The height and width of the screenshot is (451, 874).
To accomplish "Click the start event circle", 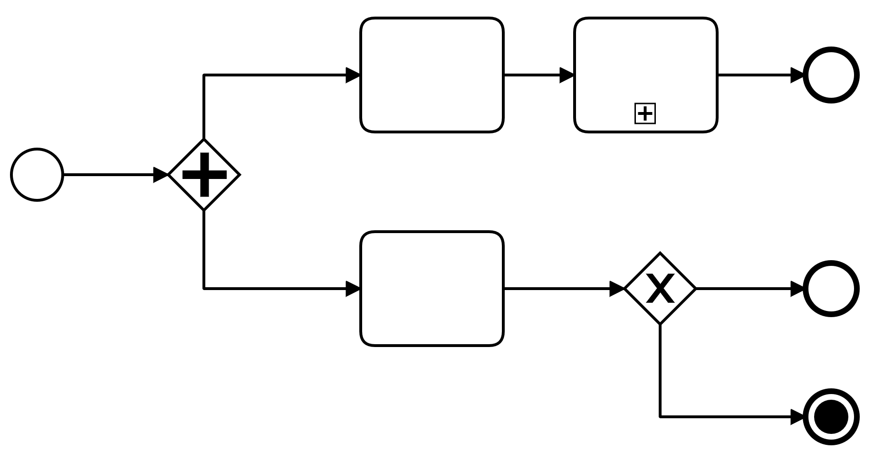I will click(37, 175).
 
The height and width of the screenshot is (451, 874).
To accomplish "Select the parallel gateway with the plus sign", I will click(204, 175).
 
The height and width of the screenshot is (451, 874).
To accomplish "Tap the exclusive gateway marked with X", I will click(660, 289).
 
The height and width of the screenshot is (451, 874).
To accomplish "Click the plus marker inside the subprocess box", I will click(645, 113).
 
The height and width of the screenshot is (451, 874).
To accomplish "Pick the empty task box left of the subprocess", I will click(432, 75).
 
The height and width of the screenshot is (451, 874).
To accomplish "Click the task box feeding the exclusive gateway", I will click(432, 289).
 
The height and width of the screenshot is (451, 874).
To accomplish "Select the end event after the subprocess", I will click(831, 75).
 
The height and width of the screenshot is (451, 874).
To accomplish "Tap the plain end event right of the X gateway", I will click(831, 289).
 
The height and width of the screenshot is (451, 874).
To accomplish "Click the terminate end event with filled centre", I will click(831, 417).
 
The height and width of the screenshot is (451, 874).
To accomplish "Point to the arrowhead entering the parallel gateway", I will click(161, 175).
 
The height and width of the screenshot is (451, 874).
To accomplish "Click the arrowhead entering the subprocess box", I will click(567, 75).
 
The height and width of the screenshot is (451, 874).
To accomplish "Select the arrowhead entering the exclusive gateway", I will click(616, 289).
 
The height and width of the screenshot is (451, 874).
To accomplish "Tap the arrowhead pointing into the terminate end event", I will click(797, 417).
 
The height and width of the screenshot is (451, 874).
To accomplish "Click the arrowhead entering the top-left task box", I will click(353, 75).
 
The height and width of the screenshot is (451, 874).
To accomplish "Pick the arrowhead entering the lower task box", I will click(353, 289).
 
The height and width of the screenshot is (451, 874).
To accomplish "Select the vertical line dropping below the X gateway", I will click(660, 370).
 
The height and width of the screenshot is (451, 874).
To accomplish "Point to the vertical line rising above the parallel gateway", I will click(204, 107).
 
